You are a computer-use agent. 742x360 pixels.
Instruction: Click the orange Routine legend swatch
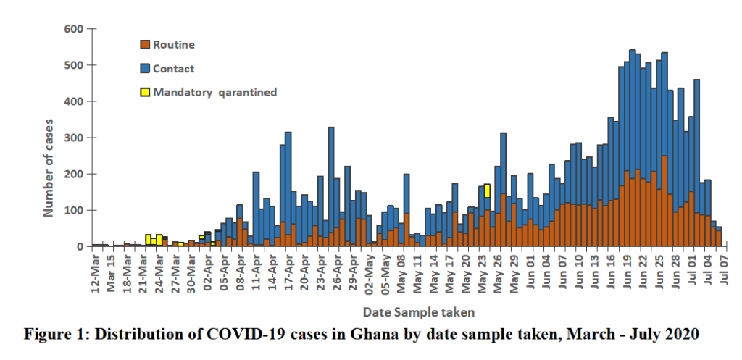click(145, 45)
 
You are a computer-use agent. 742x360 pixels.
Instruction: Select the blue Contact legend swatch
click(145, 69)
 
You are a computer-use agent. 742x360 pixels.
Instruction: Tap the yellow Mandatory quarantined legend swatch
click(145, 92)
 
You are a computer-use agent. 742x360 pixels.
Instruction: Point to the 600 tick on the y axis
click(75, 29)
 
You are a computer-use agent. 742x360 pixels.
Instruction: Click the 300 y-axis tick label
click(75, 138)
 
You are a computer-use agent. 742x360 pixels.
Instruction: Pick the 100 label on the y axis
click(75, 210)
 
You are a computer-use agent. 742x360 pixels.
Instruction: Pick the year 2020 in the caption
click(682, 335)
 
